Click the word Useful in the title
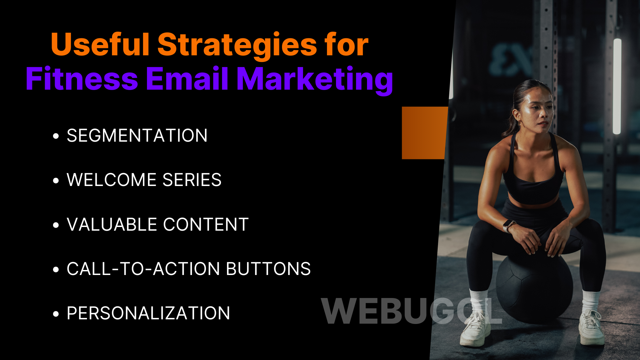point(100,45)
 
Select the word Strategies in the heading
point(237,45)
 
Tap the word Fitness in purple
point(82,79)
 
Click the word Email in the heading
point(187,79)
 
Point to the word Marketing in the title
point(315,80)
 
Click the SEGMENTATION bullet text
point(137,136)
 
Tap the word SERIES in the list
point(192,180)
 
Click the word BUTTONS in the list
point(268,269)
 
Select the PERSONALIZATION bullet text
point(148,313)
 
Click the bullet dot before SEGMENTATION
point(56,136)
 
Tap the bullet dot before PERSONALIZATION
point(56,314)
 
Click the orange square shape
point(424,133)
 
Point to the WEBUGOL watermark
point(411,311)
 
